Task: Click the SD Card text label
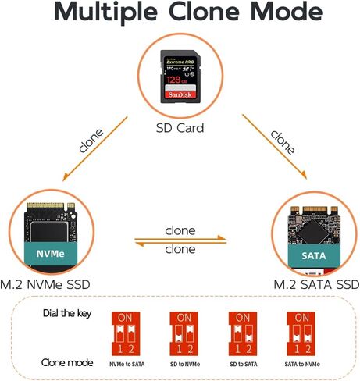click(x=180, y=128)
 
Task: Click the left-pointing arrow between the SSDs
click(x=180, y=244)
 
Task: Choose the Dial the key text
click(x=69, y=314)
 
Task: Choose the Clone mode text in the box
click(x=67, y=363)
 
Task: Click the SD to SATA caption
click(x=241, y=363)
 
